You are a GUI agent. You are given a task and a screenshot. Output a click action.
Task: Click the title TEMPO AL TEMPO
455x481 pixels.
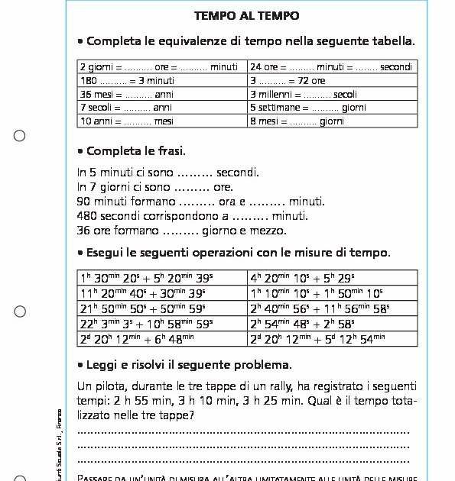click(x=246, y=15)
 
